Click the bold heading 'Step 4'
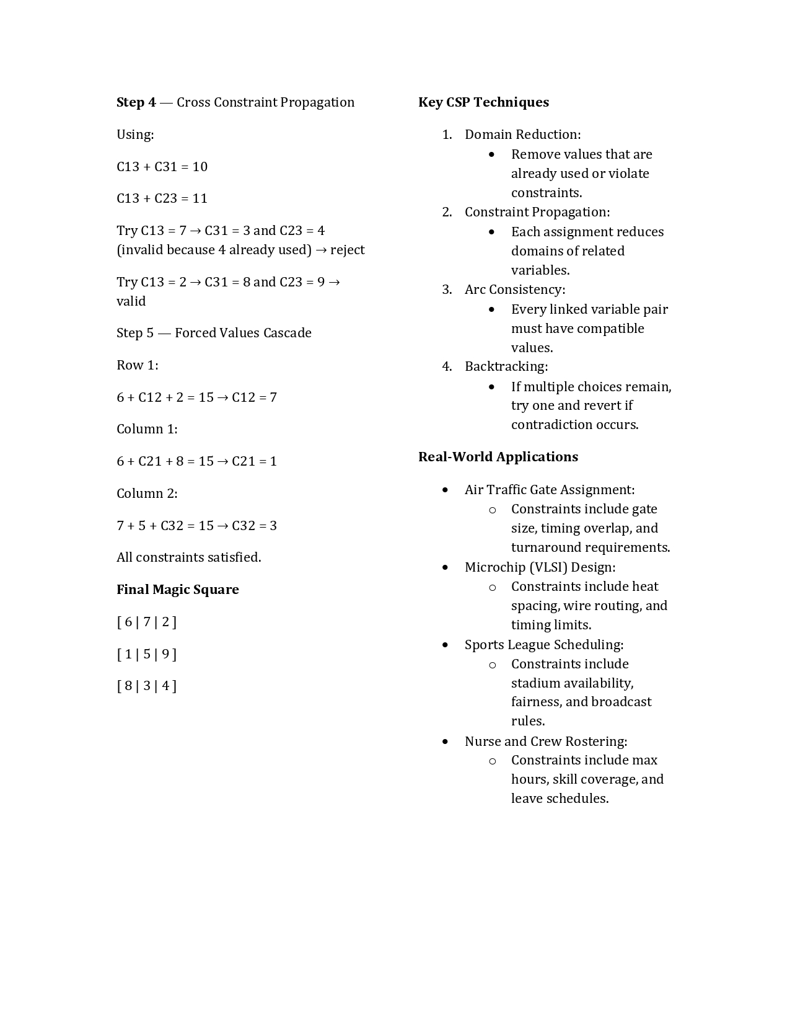pyautogui.click(x=136, y=102)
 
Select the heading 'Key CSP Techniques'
pyautogui.click(x=483, y=102)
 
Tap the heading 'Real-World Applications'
pyautogui.click(x=498, y=457)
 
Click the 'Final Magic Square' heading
pyautogui.click(x=177, y=590)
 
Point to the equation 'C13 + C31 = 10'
pyautogui.click(x=162, y=167)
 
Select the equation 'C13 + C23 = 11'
pyautogui.click(x=162, y=198)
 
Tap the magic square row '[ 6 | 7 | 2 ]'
pyautogui.click(x=146, y=622)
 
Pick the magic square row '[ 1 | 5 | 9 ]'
pyautogui.click(x=146, y=654)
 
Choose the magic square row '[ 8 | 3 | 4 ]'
pyautogui.click(x=146, y=686)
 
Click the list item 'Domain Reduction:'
pyautogui.click(x=522, y=135)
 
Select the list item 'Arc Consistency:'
pyautogui.click(x=514, y=290)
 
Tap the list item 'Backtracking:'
pyautogui.click(x=506, y=366)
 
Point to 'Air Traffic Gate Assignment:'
pyautogui.click(x=549, y=490)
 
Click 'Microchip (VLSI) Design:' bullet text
pyautogui.click(x=540, y=567)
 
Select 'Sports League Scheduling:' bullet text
pyautogui.click(x=543, y=645)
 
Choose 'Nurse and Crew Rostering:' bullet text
pyautogui.click(x=545, y=742)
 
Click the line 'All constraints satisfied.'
pyautogui.click(x=188, y=557)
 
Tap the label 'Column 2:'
pyautogui.click(x=147, y=494)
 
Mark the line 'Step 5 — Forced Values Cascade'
pyautogui.click(x=214, y=333)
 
